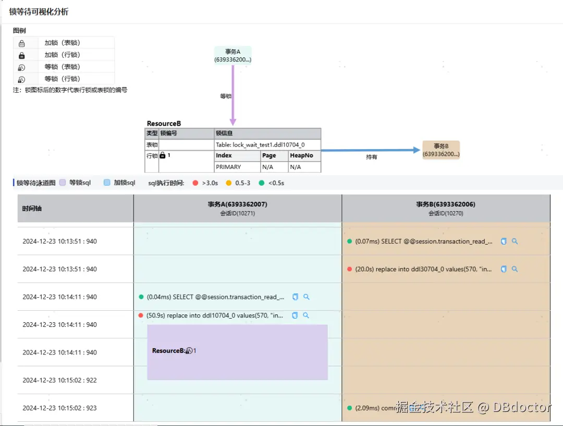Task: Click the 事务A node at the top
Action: pyautogui.click(x=232, y=55)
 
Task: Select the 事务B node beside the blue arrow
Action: pyautogui.click(x=441, y=150)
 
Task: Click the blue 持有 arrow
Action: pyautogui.click(x=370, y=150)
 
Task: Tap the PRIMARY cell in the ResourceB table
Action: pyautogui.click(x=228, y=167)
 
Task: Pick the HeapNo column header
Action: pyautogui.click(x=302, y=155)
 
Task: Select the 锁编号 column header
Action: pyautogui.click(x=168, y=133)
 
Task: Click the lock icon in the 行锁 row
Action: pyautogui.click(x=163, y=155)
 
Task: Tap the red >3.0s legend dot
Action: pyautogui.click(x=195, y=183)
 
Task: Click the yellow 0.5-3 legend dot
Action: pyautogui.click(x=228, y=183)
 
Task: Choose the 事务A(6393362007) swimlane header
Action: pyautogui.click(x=237, y=208)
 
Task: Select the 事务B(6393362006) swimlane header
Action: pyautogui.click(x=446, y=208)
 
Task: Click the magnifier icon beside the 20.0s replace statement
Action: pyautogui.click(x=515, y=269)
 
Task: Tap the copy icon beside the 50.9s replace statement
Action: pyautogui.click(x=295, y=315)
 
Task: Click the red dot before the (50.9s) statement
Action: pyautogui.click(x=141, y=315)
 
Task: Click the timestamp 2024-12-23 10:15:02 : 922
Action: pyautogui.click(x=59, y=380)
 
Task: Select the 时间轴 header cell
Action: pyautogui.click(x=32, y=209)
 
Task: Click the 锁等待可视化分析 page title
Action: pyautogui.click(x=39, y=11)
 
